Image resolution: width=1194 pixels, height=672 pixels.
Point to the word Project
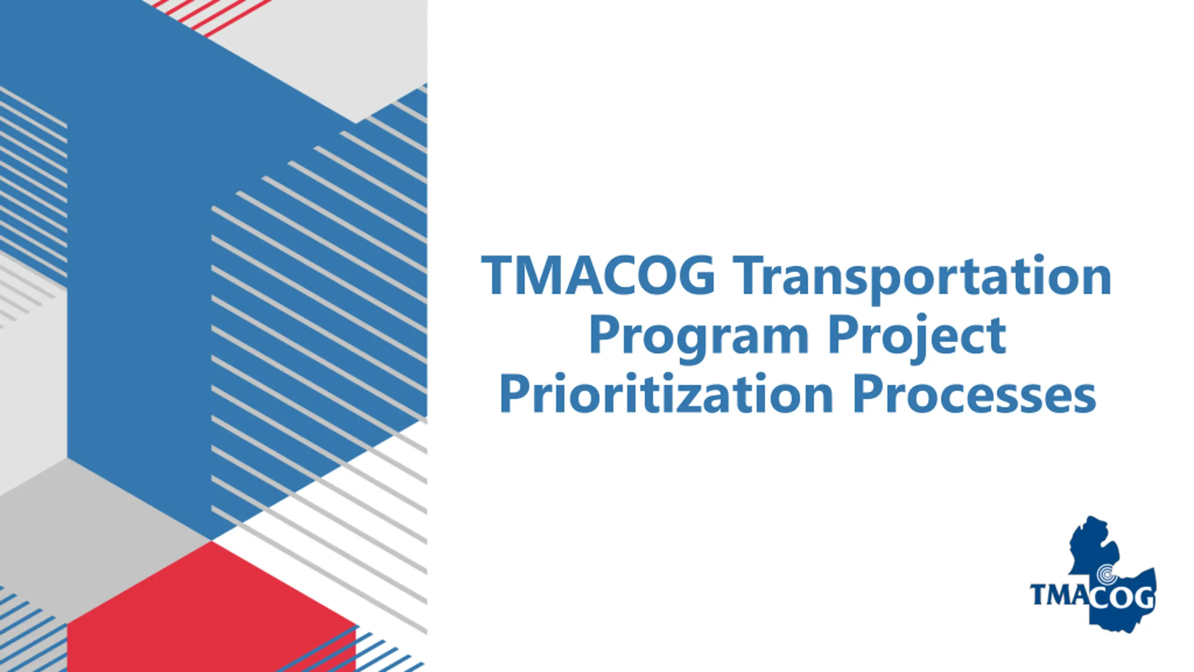(x=917, y=337)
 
